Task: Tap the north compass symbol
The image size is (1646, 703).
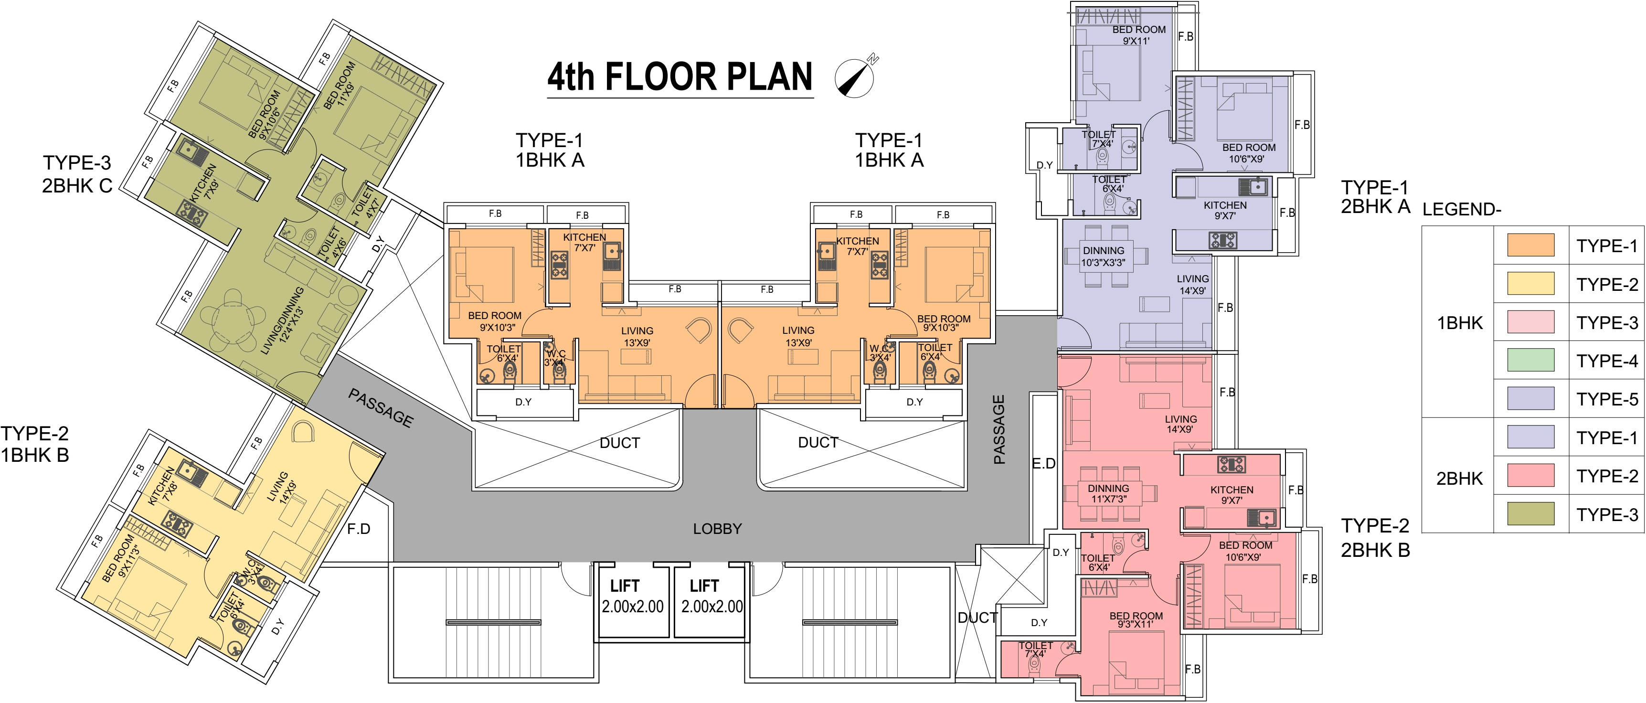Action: coord(855,77)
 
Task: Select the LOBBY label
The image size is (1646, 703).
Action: coord(718,529)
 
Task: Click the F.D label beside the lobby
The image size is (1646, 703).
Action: coord(359,529)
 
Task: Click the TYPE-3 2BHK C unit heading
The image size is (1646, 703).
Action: coord(77,174)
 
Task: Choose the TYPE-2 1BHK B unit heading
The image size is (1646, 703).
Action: coord(34,444)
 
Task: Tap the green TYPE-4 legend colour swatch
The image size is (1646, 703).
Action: coord(1531,361)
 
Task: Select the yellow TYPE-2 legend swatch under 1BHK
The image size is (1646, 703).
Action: coord(1531,284)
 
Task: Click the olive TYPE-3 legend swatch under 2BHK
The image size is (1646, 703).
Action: coord(1531,514)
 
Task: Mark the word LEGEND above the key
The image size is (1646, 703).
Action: coord(1461,210)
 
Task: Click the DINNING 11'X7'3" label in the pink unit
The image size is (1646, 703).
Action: coord(1109,493)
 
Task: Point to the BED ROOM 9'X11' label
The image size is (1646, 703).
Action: coord(1139,35)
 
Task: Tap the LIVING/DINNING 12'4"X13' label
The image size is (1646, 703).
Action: coord(282,321)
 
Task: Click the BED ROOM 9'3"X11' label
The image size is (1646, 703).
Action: coord(1136,620)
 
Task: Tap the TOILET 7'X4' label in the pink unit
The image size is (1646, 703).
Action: coord(1035,650)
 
